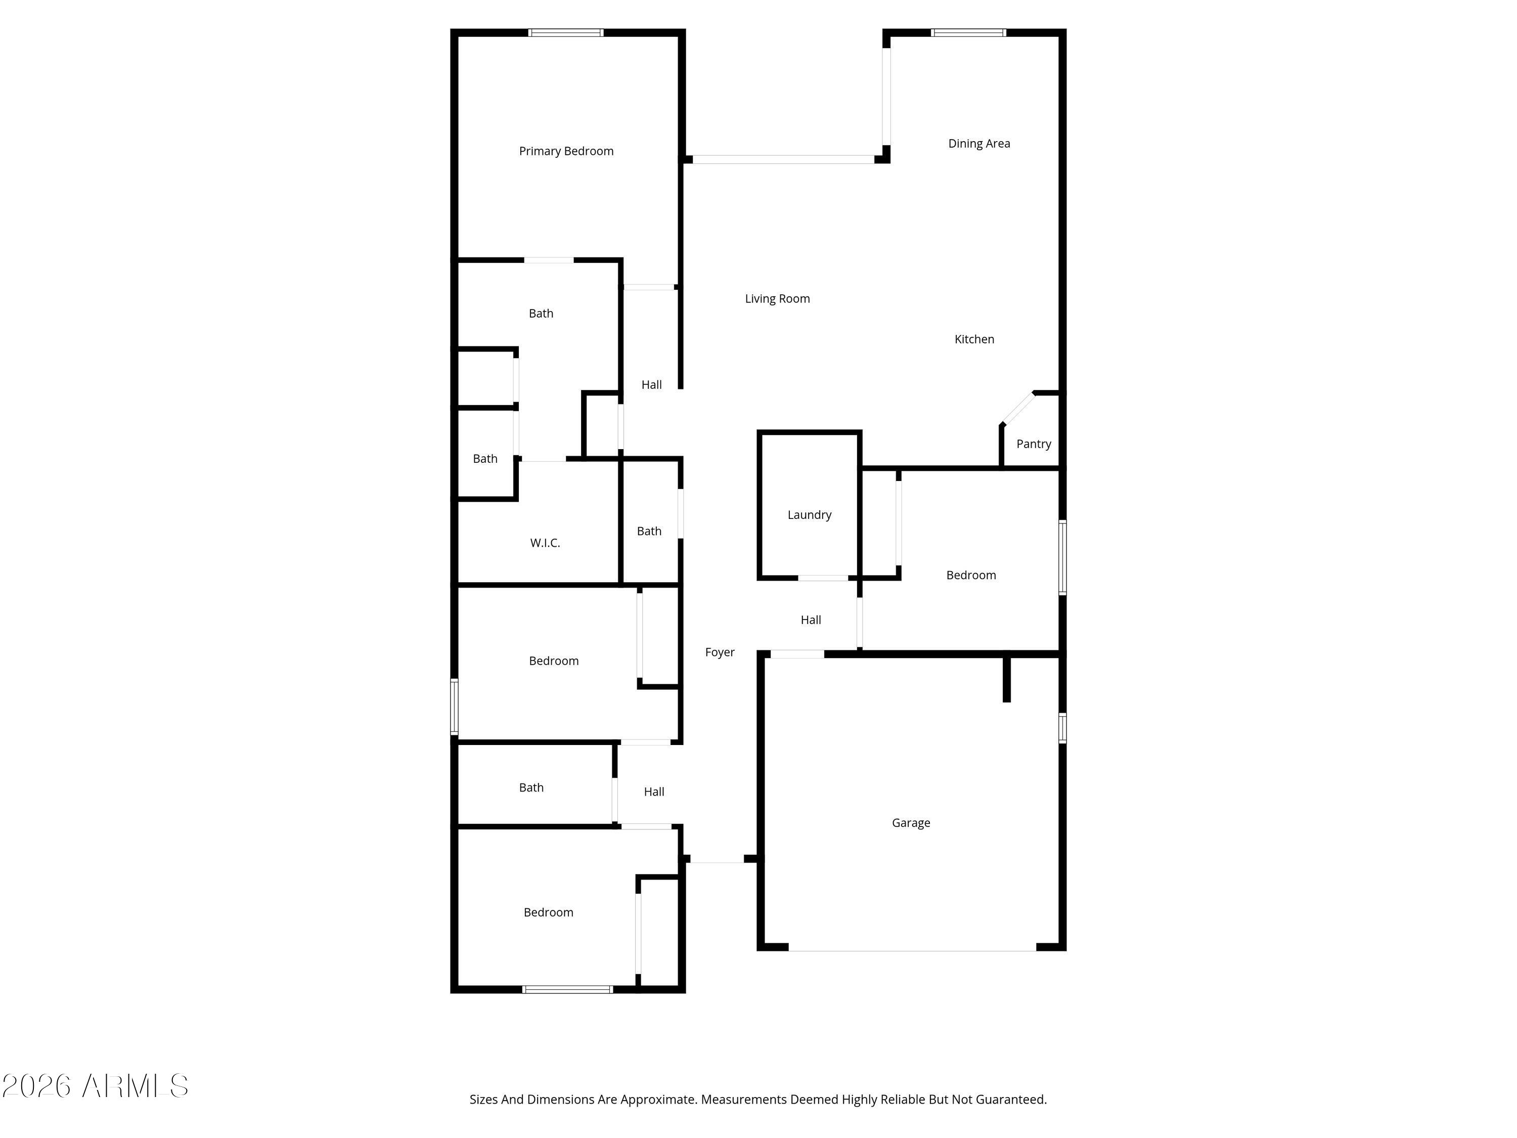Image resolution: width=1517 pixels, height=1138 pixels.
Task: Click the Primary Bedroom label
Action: (566, 151)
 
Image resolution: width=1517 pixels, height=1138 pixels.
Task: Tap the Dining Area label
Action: (978, 143)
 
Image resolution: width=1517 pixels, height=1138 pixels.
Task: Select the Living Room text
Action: (777, 298)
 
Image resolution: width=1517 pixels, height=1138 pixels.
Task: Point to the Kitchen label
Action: (974, 339)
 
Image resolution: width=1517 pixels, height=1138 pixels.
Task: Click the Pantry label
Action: (1033, 444)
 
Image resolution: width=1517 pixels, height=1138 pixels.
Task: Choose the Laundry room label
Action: (809, 514)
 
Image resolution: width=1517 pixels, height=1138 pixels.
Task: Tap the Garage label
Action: (911, 822)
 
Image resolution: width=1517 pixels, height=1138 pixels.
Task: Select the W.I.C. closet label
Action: (545, 543)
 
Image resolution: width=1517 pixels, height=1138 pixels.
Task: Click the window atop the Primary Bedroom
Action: (566, 32)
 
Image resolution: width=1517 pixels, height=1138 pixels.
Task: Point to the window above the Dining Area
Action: (968, 32)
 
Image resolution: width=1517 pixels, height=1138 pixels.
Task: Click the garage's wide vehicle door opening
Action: (912, 950)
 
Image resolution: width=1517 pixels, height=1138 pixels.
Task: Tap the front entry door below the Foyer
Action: (717, 859)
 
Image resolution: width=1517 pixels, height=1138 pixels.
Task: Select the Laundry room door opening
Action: (823, 578)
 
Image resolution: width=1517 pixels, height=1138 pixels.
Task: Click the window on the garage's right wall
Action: (1062, 728)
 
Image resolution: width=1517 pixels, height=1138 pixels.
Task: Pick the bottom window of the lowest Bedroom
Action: (567, 989)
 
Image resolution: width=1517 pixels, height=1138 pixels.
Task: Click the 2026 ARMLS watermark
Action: (96, 1086)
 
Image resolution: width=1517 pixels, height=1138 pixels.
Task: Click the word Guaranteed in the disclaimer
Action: (1011, 1100)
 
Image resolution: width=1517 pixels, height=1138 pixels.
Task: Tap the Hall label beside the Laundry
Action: (811, 620)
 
